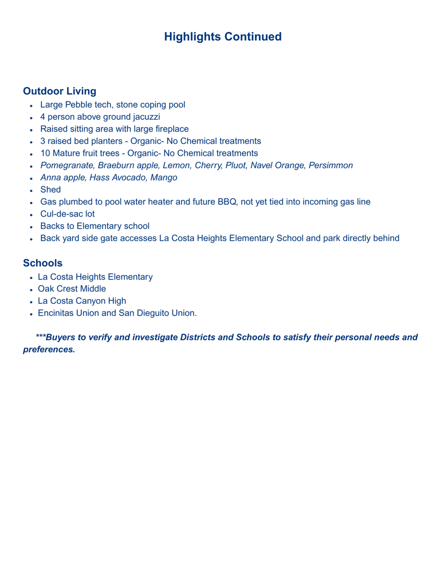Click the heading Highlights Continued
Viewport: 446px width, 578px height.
[x=223, y=37]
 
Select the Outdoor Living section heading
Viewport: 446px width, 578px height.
[x=60, y=90]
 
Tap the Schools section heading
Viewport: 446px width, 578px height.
[x=42, y=262]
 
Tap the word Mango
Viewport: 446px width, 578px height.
[x=163, y=177]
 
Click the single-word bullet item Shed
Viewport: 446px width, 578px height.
[x=50, y=190]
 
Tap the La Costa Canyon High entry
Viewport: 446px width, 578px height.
[x=82, y=301]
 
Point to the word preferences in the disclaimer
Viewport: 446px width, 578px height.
[x=48, y=349]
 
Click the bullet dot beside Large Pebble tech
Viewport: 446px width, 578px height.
[x=33, y=105]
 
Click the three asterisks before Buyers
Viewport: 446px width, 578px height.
[x=40, y=337]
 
